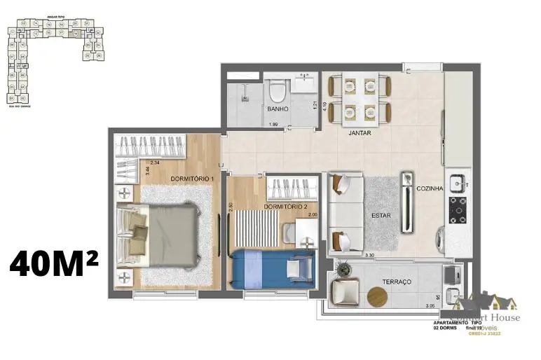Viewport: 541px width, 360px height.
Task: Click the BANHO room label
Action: (278, 109)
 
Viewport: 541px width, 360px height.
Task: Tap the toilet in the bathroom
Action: (278, 91)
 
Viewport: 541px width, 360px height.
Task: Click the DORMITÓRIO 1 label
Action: (192, 179)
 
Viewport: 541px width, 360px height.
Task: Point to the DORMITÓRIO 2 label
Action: (285, 207)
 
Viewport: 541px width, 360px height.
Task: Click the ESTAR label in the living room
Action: (381, 216)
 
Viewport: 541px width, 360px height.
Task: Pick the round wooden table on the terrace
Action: (378, 297)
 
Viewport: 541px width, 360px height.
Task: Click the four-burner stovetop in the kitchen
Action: (458, 208)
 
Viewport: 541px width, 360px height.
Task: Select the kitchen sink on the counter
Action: (459, 183)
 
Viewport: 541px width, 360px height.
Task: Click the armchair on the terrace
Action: (345, 289)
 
